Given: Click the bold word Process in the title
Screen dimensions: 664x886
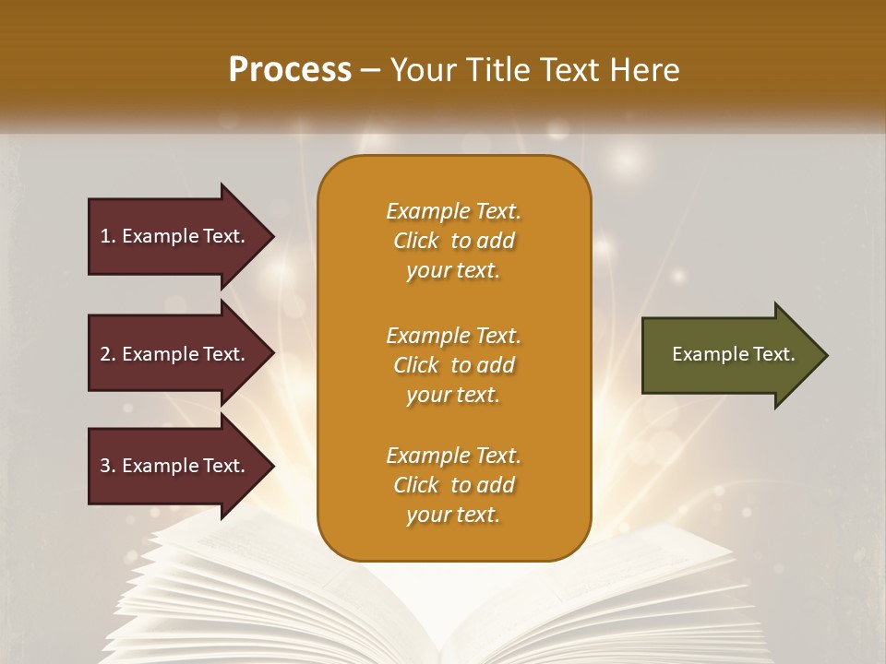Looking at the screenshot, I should (x=290, y=70).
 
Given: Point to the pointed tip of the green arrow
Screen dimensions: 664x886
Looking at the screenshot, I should (x=823, y=355).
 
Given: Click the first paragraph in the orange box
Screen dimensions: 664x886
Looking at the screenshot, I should (x=453, y=241).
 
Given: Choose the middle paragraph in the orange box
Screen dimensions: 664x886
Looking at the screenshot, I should (x=453, y=365).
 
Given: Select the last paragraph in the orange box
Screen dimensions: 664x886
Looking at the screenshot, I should (x=453, y=485).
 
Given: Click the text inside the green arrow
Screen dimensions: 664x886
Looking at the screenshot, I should (x=733, y=354).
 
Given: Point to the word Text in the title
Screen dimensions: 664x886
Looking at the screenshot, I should (x=568, y=70).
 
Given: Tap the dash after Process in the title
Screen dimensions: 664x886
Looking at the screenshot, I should (x=371, y=70).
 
